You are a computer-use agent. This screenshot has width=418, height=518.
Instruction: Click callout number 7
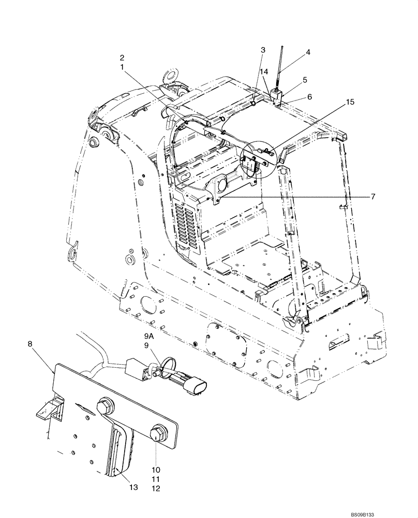372,196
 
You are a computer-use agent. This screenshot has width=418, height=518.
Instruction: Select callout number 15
350,103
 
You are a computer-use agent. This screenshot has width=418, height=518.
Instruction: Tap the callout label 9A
150,336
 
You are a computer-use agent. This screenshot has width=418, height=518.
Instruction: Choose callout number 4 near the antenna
308,52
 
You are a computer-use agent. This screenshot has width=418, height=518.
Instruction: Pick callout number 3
263,50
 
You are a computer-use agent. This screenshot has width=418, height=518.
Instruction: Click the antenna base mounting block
276,96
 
